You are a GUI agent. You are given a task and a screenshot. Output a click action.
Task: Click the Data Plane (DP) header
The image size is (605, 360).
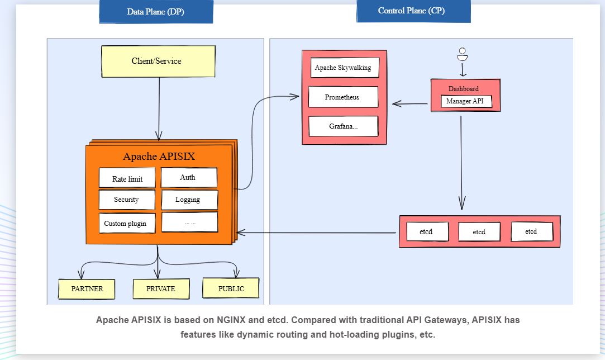tap(156, 12)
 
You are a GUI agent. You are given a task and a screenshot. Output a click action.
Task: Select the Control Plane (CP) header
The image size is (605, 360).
tap(413, 11)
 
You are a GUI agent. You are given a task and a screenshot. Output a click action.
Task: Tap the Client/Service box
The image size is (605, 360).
tap(158, 61)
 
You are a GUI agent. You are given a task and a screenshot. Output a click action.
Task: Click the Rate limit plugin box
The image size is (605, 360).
tap(127, 178)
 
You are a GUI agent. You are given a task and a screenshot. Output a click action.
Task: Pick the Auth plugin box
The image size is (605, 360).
tap(188, 177)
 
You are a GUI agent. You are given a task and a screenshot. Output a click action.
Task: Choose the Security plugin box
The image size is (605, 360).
tap(127, 200)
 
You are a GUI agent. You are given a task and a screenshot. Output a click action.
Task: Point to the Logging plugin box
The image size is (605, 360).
tap(189, 200)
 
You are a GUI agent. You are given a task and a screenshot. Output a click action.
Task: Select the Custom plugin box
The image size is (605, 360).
tap(126, 223)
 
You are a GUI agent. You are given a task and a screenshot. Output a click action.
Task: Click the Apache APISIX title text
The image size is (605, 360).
tap(159, 157)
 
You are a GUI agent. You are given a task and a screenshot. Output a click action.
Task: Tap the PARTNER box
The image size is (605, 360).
tap(87, 289)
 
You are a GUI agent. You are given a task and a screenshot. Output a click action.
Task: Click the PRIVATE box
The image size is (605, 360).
tap(161, 289)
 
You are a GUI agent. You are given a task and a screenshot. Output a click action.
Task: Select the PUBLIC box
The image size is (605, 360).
tap(231, 288)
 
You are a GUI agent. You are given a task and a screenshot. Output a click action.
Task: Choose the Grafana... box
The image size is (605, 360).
tap(343, 126)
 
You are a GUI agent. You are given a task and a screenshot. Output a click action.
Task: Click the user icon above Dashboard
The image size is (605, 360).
tap(462, 54)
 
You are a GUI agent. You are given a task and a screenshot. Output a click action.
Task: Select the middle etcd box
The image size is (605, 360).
tap(479, 231)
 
